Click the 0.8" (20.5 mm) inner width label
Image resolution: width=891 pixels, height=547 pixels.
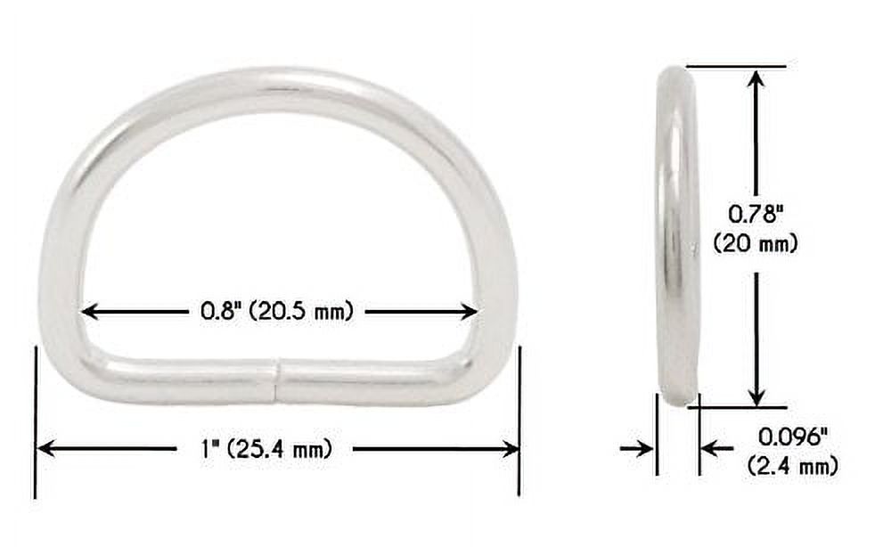tap(276, 311)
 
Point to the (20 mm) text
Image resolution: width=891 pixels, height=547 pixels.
tap(756, 243)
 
